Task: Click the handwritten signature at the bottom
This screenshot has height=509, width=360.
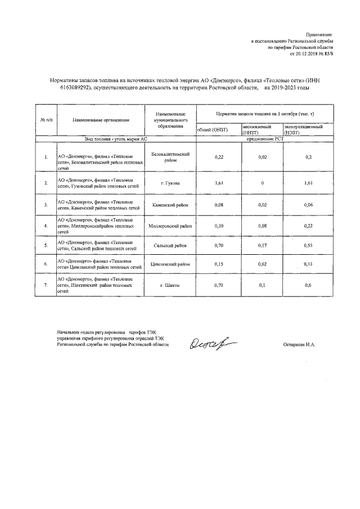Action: tap(213, 343)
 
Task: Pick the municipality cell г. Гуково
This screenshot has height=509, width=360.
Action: tap(170, 183)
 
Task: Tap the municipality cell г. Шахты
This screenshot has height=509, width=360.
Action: tap(170, 286)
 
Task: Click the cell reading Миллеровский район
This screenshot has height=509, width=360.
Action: tap(170, 226)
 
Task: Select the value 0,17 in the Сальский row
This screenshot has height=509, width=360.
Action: tap(262, 246)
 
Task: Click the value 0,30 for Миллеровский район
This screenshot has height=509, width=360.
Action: tap(219, 226)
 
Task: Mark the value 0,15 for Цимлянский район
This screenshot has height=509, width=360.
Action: tap(219, 264)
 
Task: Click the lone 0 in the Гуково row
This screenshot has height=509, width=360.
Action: tap(262, 183)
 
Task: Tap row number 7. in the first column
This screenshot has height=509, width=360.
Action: tap(46, 286)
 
